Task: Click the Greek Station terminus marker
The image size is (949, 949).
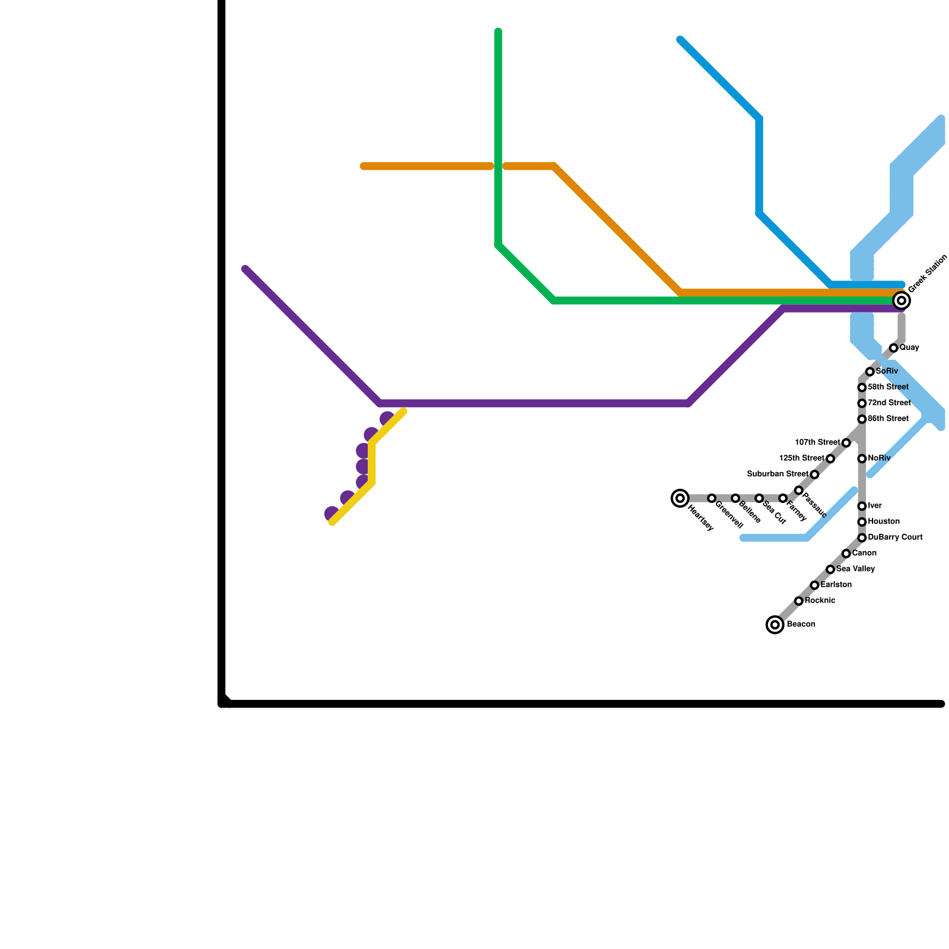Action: coord(902,301)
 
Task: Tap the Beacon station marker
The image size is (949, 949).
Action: coord(775,625)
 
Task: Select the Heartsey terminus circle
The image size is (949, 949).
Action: coord(680,498)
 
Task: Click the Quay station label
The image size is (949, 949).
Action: coord(909,348)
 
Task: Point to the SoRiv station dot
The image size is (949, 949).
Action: coord(870,372)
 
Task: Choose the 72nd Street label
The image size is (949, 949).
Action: coord(889,403)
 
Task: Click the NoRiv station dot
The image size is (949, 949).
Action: coord(862,459)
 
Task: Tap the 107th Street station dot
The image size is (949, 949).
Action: coord(846,443)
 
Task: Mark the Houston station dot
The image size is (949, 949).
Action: coord(862,522)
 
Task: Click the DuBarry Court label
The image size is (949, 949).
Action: coord(895,538)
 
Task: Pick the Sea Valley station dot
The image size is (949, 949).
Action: coord(830,569)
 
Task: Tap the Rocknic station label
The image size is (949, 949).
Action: coord(820,601)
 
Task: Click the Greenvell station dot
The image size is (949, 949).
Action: coord(711,498)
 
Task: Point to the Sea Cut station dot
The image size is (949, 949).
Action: coord(759,498)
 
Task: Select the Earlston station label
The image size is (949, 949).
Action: coord(836,585)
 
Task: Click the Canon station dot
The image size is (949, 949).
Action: coord(846,554)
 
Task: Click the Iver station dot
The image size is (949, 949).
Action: coord(862,507)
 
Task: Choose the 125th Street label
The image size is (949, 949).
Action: coord(801,458)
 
